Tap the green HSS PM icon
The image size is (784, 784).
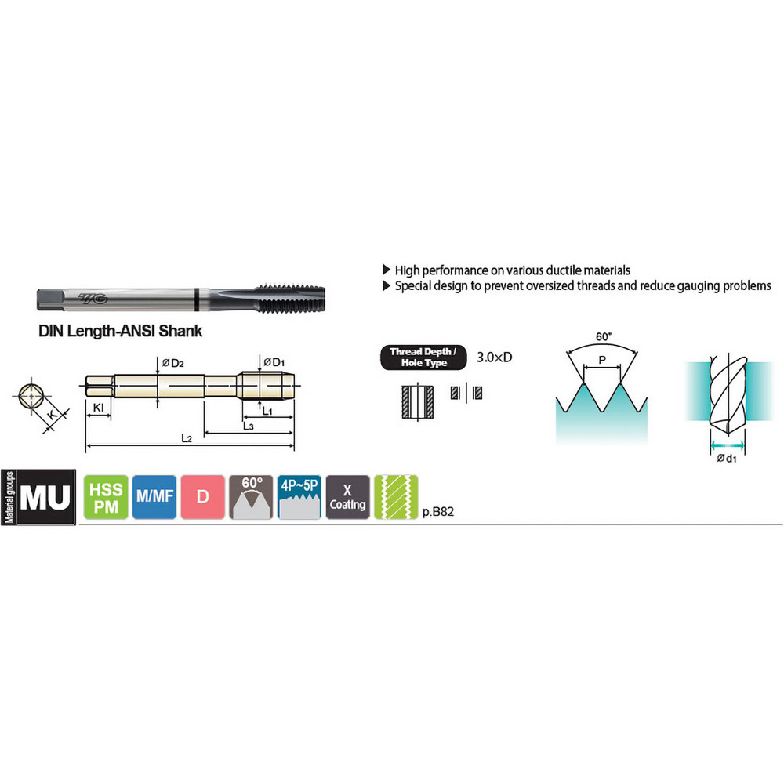[105, 497]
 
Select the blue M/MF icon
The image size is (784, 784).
[154, 497]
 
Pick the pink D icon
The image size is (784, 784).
[201, 497]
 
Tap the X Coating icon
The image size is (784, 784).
[347, 497]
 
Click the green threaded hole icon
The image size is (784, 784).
[396, 497]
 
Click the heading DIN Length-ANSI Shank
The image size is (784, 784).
[121, 331]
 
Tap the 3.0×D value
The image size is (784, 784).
[495, 358]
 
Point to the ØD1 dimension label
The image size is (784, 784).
[274, 361]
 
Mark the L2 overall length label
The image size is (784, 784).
[187, 438]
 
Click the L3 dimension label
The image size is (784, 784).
[248, 425]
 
